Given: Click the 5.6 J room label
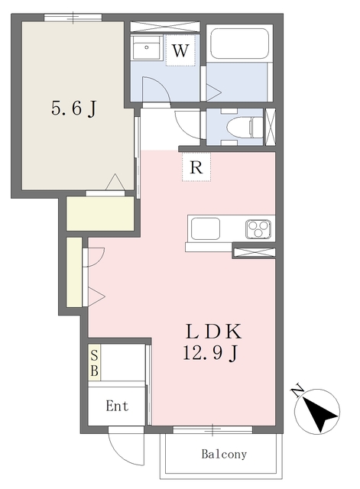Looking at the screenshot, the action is (73, 108).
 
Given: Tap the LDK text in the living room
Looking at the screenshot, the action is (214, 332).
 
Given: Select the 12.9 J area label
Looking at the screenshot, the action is (210, 354).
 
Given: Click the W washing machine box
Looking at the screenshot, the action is (180, 50).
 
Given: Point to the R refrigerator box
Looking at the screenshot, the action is (196, 167).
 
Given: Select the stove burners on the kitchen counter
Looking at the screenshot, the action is (258, 229).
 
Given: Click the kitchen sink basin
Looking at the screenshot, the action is (206, 228).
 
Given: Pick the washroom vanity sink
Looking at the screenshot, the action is (146, 47).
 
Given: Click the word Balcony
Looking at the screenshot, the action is (224, 454).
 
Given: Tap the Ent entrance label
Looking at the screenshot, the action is (117, 406).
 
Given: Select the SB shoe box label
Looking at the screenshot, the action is (94, 363).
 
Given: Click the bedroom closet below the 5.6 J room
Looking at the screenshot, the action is (100, 214).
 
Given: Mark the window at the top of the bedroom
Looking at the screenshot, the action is (73, 18).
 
